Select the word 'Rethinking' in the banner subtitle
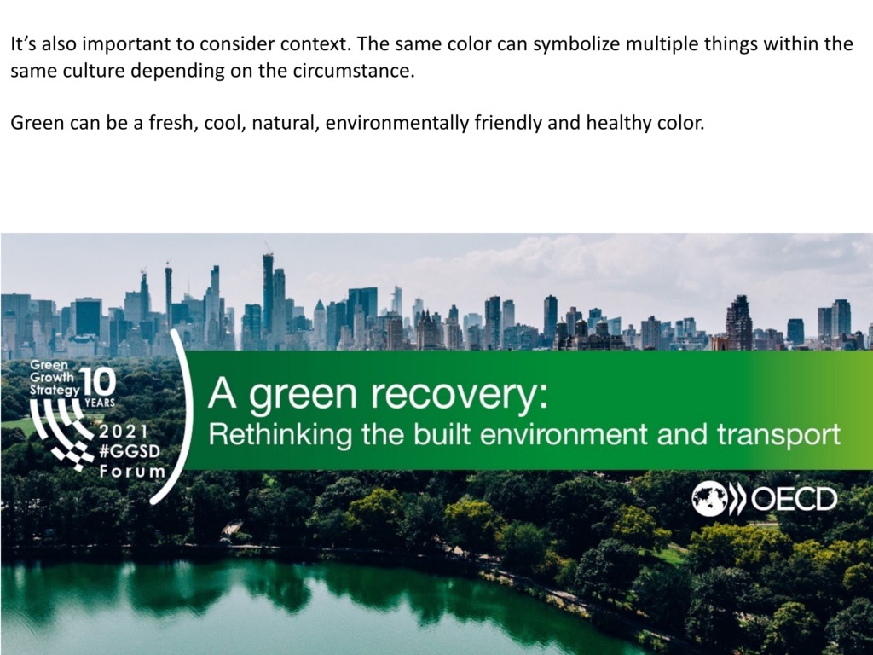point(280,434)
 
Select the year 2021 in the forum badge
point(124,432)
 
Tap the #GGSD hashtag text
point(130,451)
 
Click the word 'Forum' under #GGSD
point(132,471)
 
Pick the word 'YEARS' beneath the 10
point(100,403)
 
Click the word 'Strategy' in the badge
point(55,390)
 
